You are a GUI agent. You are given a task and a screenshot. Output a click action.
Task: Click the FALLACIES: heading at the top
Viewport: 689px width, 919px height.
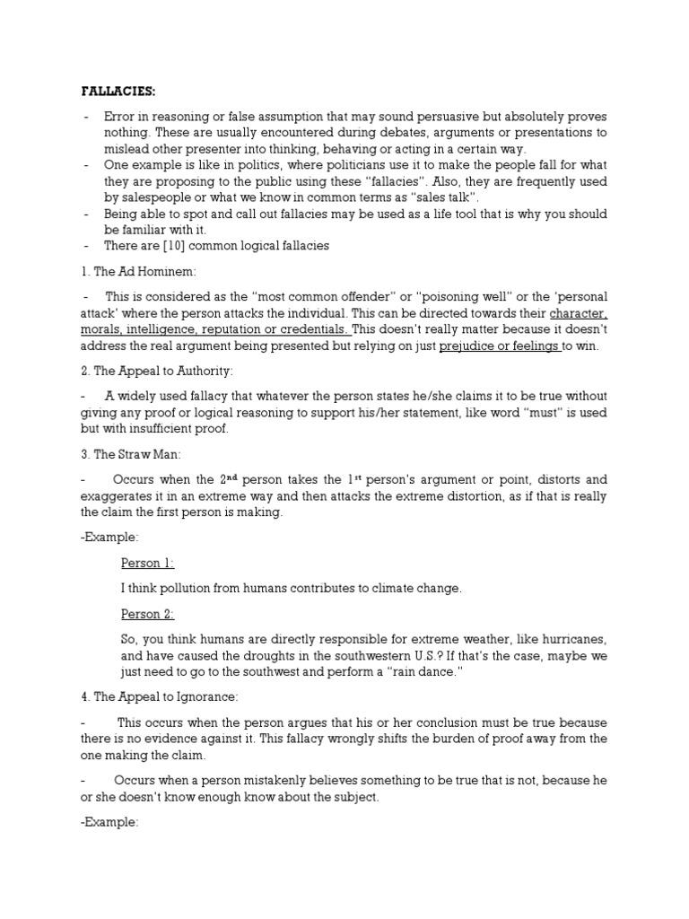click(x=118, y=92)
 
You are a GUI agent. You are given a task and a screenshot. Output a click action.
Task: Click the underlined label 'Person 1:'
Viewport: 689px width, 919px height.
click(x=147, y=563)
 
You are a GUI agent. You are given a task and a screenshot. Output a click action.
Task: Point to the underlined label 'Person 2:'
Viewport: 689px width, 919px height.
click(x=147, y=614)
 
